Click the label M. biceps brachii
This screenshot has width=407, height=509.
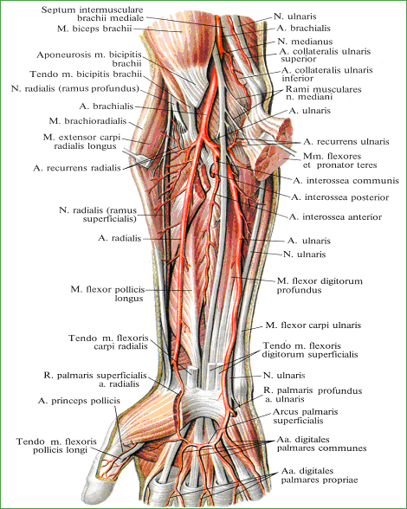click(x=94, y=29)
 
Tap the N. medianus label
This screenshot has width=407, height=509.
click(x=305, y=42)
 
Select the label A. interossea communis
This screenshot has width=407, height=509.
click(x=346, y=180)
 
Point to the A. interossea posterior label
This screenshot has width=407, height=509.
click(x=340, y=197)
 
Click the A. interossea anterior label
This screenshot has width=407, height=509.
click(x=335, y=216)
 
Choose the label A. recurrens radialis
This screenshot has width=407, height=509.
click(x=77, y=168)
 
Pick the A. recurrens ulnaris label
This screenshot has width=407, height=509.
click(x=346, y=142)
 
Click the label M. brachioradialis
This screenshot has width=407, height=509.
click(x=87, y=121)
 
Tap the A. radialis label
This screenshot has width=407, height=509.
click(x=120, y=238)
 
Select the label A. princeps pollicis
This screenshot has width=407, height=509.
click(x=79, y=401)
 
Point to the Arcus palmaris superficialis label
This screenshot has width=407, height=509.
click(x=306, y=416)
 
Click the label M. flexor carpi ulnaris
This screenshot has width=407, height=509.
click(x=313, y=325)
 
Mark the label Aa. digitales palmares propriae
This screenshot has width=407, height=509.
click(x=320, y=475)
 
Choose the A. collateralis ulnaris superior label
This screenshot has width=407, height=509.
click(x=325, y=55)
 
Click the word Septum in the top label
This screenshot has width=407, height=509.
click(x=56, y=10)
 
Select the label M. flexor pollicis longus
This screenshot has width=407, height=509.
click(x=107, y=293)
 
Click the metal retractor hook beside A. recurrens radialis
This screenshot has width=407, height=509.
click(x=138, y=158)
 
